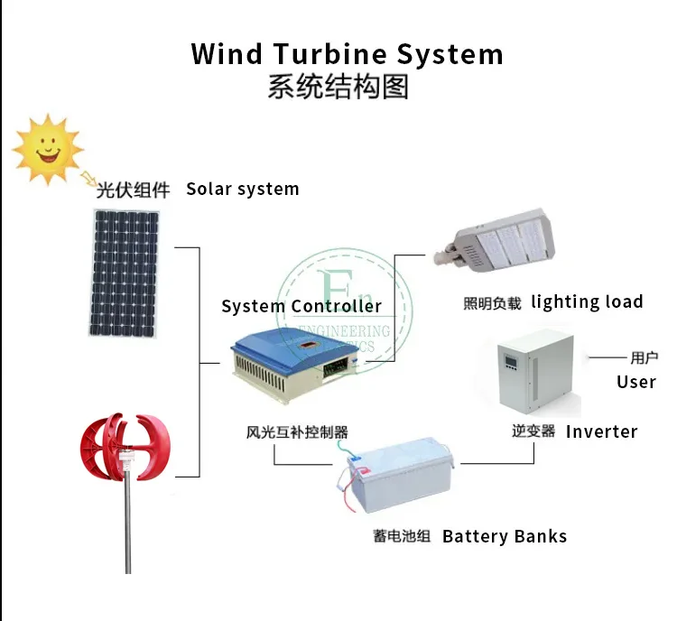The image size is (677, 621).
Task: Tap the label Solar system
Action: click(242, 190)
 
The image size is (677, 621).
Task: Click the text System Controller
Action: click(301, 307)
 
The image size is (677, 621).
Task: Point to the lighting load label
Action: click(587, 302)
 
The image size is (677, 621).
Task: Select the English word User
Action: click(635, 382)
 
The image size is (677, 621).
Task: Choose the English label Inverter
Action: click(601, 431)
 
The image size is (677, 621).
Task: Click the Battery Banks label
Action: click(504, 536)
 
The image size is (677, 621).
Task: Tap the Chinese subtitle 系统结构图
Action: click(338, 88)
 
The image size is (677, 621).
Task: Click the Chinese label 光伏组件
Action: click(133, 190)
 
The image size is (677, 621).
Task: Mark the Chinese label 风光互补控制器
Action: click(297, 431)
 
